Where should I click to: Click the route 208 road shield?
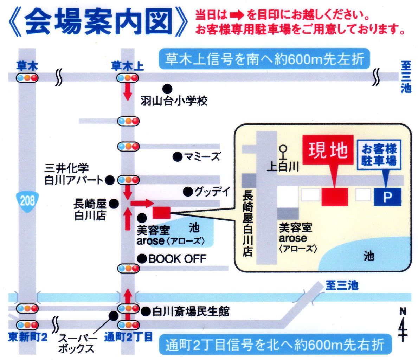[x=27, y=201]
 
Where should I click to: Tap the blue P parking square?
[x=387, y=197]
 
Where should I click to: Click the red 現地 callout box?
[x=328, y=150]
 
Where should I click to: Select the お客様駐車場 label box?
[x=379, y=155]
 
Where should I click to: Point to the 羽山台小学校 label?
[x=174, y=101]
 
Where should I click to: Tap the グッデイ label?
[x=212, y=192]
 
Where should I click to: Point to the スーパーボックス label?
[x=76, y=343]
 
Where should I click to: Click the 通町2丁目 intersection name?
[x=128, y=337]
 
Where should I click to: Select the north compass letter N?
[x=403, y=311]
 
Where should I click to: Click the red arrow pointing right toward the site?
[x=142, y=203]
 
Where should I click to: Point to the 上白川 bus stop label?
[x=283, y=166]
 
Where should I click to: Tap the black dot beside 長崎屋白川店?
[x=113, y=203]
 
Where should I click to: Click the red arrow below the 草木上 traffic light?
[x=128, y=91]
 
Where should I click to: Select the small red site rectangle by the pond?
[x=161, y=212]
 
